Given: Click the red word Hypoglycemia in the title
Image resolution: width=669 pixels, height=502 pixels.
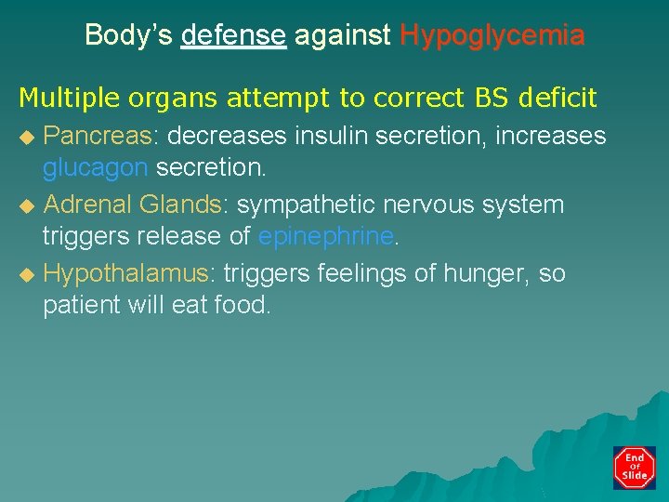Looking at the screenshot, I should click(x=492, y=36).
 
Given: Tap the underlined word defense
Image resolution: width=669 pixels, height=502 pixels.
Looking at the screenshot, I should click(x=233, y=36).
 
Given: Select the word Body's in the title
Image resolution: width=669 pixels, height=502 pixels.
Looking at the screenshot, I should click(x=129, y=36).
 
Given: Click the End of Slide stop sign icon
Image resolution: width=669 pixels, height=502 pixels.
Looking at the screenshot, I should click(x=635, y=468).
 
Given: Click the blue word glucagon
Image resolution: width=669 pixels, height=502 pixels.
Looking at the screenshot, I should click(x=95, y=167).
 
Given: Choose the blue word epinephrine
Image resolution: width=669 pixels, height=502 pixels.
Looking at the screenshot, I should click(x=326, y=236).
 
